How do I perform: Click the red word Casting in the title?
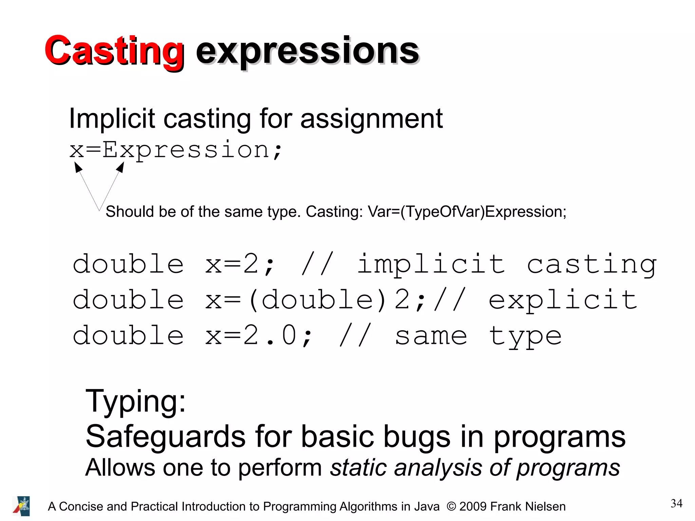click(114, 51)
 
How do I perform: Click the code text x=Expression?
click(176, 150)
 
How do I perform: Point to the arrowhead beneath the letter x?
click(78, 167)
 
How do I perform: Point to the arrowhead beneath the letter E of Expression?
click(120, 167)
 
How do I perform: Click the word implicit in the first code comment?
click(431, 265)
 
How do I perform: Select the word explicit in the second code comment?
click(563, 300)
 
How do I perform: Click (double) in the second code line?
click(318, 300)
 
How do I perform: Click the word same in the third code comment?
click(431, 336)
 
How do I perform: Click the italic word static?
click(358, 468)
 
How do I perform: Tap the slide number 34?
click(676, 503)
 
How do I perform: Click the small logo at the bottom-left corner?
click(21, 506)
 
